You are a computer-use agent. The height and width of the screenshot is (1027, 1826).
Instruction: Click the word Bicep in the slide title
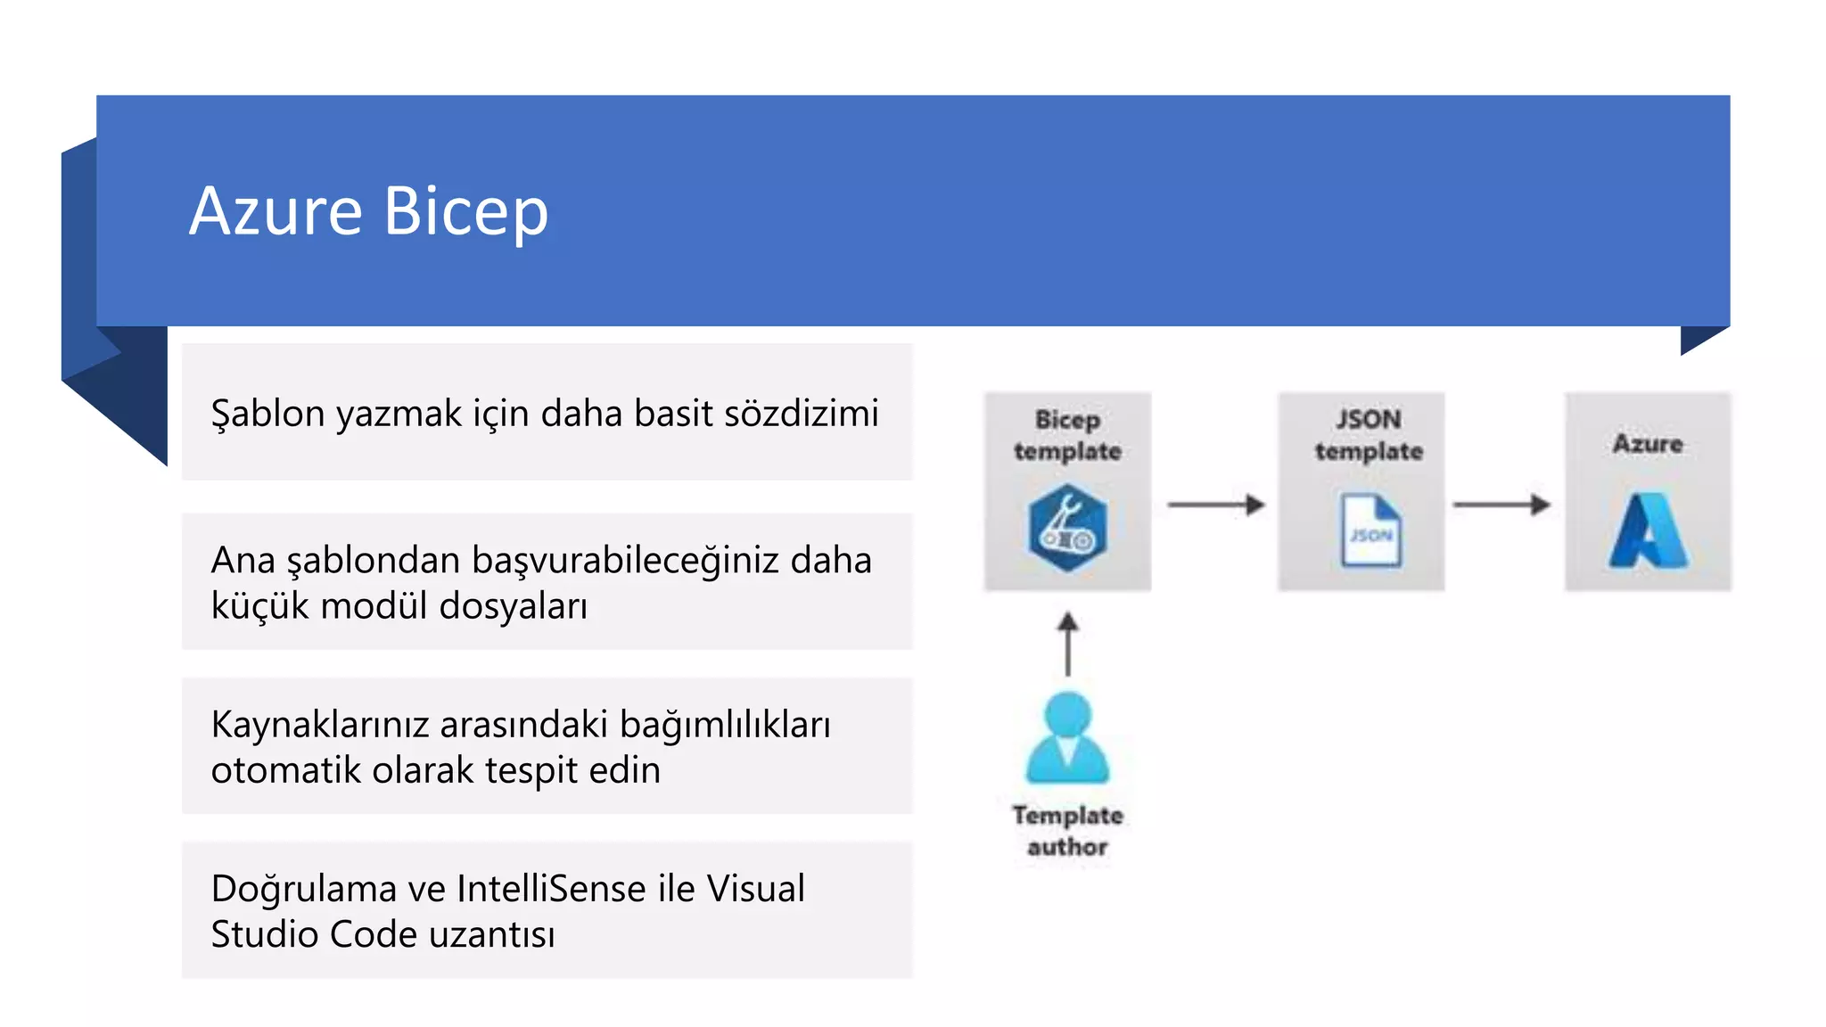[465, 212]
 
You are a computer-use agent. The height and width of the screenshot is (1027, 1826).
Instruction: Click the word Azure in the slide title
[276, 212]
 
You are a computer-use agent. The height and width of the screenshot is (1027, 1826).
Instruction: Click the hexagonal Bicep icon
[1067, 529]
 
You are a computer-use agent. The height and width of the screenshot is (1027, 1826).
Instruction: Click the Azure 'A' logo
[1648, 531]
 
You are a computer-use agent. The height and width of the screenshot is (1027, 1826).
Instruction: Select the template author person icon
[1067, 737]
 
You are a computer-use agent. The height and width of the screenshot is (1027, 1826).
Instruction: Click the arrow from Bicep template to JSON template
[1216, 505]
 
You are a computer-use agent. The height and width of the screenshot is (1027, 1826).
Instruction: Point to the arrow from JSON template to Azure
[1501, 505]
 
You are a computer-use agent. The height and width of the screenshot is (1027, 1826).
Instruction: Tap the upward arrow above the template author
[1067, 644]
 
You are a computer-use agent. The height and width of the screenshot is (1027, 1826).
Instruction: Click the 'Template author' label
[1067, 831]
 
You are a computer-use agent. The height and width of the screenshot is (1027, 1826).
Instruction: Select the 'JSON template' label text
[1369, 435]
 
